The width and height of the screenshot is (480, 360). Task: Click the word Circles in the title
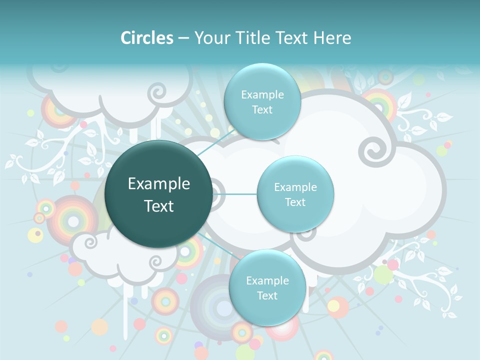click(x=147, y=38)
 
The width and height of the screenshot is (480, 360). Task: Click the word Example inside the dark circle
click(x=159, y=184)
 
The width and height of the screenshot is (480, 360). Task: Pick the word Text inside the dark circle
click(x=159, y=206)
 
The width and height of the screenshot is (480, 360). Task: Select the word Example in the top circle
click(x=262, y=95)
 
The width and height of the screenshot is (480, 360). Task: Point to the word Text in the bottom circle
click(x=267, y=295)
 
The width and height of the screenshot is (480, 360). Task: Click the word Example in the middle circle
click(x=295, y=187)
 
